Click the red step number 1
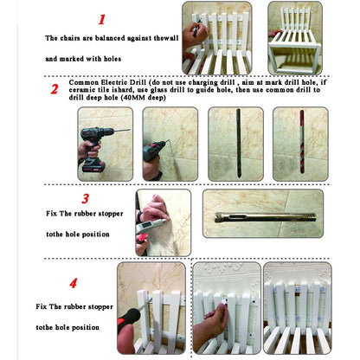[101, 19]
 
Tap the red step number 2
[55, 89]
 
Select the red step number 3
[86, 198]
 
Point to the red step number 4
[74, 283]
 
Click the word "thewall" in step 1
[166, 38]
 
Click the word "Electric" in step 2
[115, 82]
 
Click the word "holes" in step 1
[112, 59]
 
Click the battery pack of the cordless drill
[93, 165]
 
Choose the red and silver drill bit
[302, 142]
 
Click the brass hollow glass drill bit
[266, 217]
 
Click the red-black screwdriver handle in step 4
[128, 318]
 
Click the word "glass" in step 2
[158, 90]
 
